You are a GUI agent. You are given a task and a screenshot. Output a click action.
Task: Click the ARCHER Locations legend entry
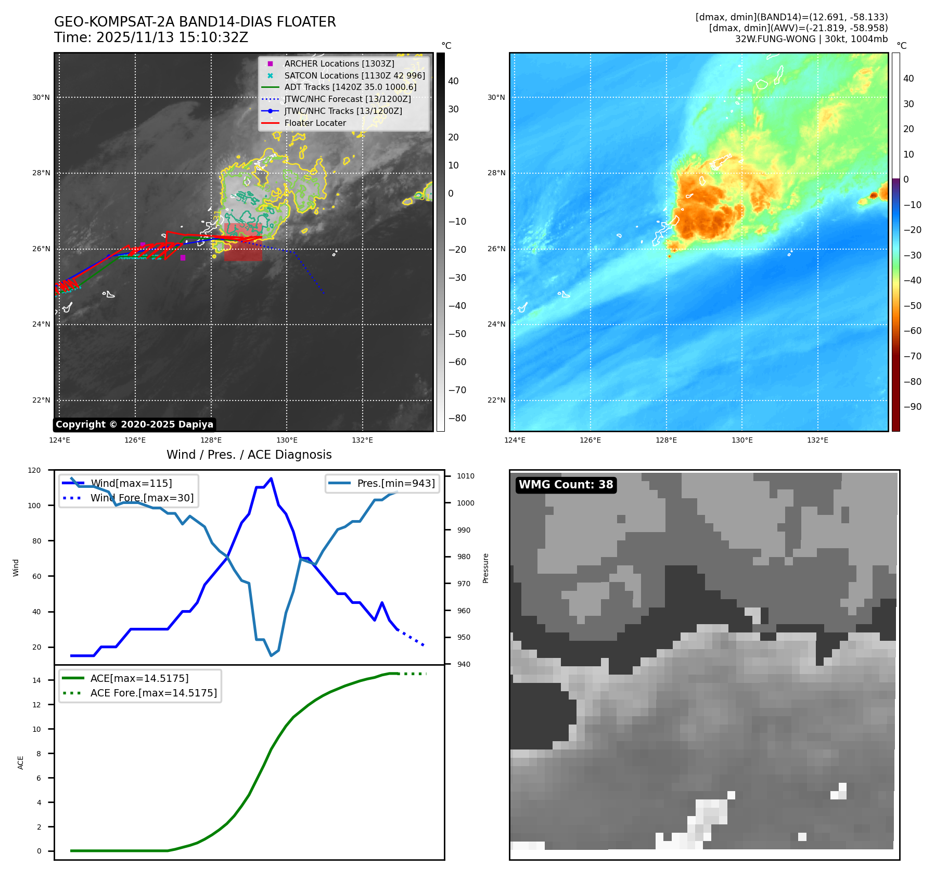coord(339,63)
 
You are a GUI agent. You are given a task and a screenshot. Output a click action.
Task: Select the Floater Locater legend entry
coord(315,123)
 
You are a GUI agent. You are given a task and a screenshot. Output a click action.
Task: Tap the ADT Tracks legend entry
coord(350,87)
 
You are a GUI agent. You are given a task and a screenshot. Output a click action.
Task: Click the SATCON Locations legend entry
coord(354,75)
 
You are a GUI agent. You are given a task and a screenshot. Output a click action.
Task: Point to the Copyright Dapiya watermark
coord(134,424)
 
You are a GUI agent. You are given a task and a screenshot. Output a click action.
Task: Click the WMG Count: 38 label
coord(566,485)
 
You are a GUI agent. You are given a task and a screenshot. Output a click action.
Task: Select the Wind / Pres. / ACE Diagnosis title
coord(249,455)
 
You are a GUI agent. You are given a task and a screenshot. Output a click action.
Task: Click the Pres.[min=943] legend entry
coord(395,483)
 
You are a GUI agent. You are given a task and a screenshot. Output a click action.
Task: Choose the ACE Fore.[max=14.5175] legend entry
coord(153,693)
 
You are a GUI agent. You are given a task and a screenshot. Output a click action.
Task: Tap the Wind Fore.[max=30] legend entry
coord(142,498)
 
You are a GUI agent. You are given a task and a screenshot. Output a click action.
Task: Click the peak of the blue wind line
coord(271,479)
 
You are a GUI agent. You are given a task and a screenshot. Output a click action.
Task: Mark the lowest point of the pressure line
coord(271,655)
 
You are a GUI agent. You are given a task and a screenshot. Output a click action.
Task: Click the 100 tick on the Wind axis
coord(34,506)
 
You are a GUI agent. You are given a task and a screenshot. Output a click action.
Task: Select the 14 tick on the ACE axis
coord(36,680)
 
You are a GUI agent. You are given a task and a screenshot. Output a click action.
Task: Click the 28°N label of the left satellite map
coord(41,173)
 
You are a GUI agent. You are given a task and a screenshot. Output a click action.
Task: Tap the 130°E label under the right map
coord(742,440)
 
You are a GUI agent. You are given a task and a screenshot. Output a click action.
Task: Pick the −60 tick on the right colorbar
coord(912,331)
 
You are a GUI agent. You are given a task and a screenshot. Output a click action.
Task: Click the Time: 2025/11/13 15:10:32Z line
coord(151,37)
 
